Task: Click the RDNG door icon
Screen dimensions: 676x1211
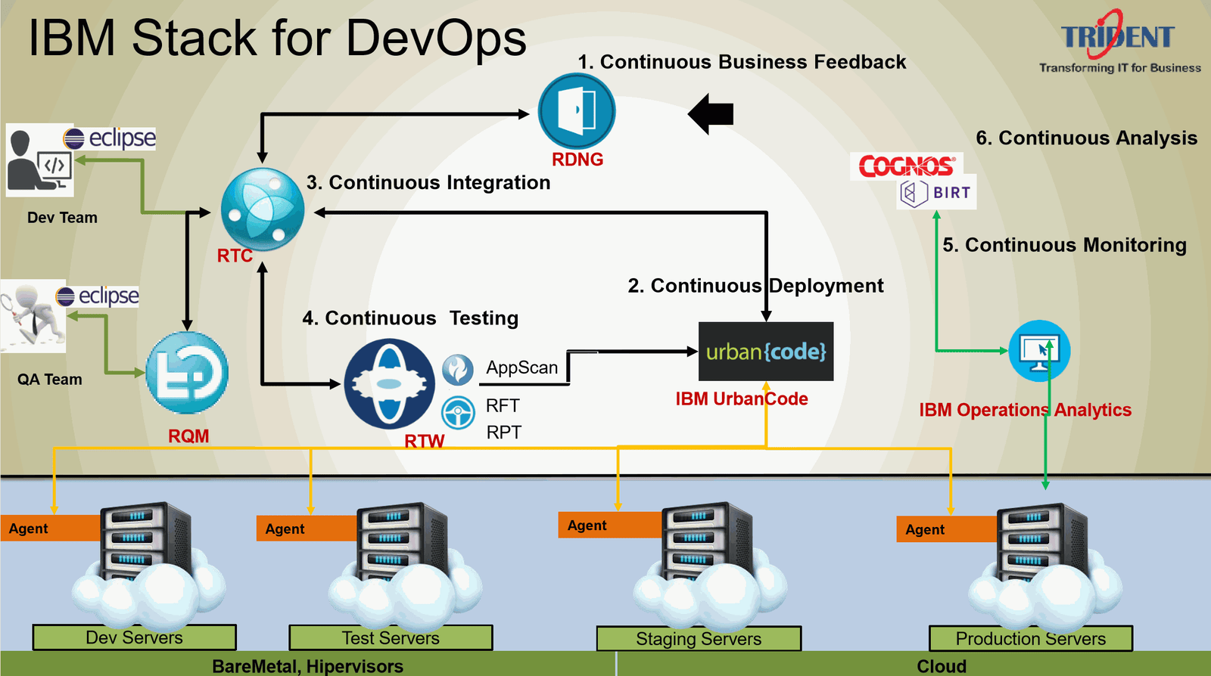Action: [x=577, y=111]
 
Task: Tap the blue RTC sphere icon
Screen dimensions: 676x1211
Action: [x=262, y=209]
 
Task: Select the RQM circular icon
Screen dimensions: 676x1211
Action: [x=187, y=373]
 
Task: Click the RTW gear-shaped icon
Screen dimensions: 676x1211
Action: [x=389, y=383]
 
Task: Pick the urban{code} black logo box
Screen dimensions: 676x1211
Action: [x=765, y=352]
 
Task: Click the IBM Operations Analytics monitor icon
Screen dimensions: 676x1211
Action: [x=1039, y=351]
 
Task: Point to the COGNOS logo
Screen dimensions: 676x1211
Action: [x=907, y=166]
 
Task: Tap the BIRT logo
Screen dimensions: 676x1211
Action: [x=937, y=193]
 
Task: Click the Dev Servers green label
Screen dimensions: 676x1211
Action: [x=134, y=637]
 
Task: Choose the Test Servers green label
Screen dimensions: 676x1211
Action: [x=391, y=638]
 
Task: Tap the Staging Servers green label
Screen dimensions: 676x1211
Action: [x=699, y=639]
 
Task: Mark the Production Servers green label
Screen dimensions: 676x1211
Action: [x=1030, y=639]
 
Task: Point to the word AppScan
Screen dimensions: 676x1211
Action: [x=521, y=367]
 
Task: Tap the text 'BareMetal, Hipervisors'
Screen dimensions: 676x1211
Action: [x=307, y=666]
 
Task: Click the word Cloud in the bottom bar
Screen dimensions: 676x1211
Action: [x=942, y=666]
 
